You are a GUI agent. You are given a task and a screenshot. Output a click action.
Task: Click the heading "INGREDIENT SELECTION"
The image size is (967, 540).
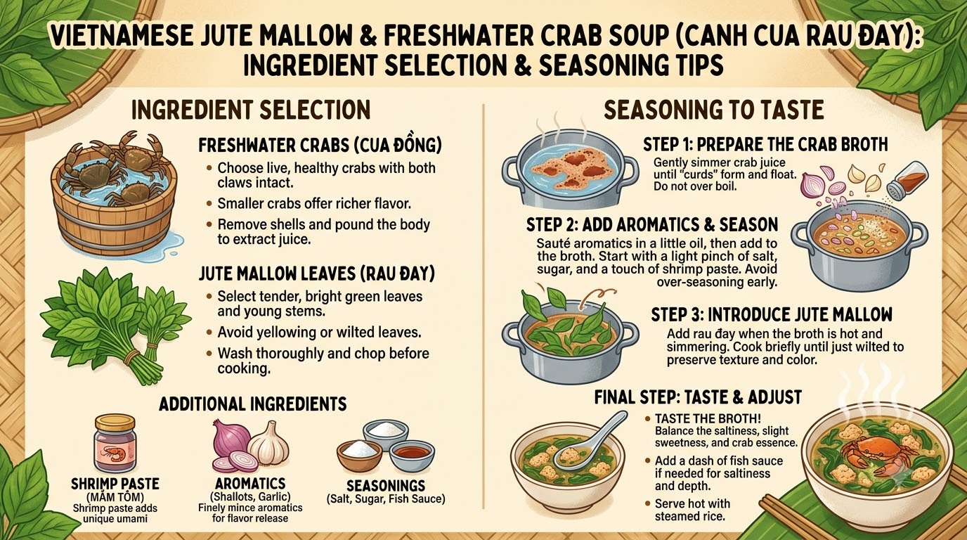[251, 110]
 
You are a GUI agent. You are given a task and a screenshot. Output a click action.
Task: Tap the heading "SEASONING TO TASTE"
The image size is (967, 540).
[713, 110]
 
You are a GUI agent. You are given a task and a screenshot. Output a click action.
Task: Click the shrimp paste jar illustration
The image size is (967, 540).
[115, 444]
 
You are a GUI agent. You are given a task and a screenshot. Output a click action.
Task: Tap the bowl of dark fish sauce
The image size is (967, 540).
[412, 456]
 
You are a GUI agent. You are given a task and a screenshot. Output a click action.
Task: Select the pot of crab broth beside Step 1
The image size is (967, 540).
[570, 169]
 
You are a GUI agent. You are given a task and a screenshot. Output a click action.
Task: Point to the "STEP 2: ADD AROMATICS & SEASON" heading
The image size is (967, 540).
[652, 224]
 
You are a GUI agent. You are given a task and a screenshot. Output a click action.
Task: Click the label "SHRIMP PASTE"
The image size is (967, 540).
[115, 484]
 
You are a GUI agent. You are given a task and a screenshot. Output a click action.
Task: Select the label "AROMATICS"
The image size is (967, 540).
[250, 484]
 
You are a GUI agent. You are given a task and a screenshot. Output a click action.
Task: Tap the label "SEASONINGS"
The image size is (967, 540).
[386, 486]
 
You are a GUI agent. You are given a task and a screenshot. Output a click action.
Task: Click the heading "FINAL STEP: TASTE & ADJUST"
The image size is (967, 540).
[698, 397]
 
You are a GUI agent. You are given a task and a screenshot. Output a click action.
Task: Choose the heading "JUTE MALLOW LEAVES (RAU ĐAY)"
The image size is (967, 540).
[317, 274]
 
